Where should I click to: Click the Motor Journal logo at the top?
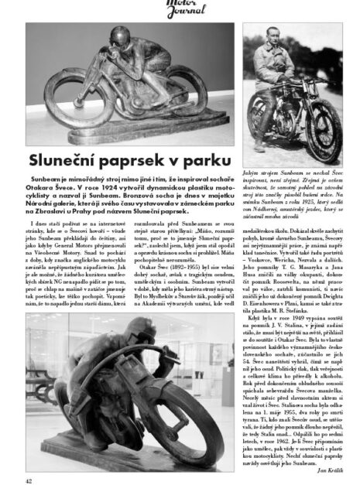tap(180, 9)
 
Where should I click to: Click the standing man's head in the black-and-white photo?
tap(284, 32)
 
